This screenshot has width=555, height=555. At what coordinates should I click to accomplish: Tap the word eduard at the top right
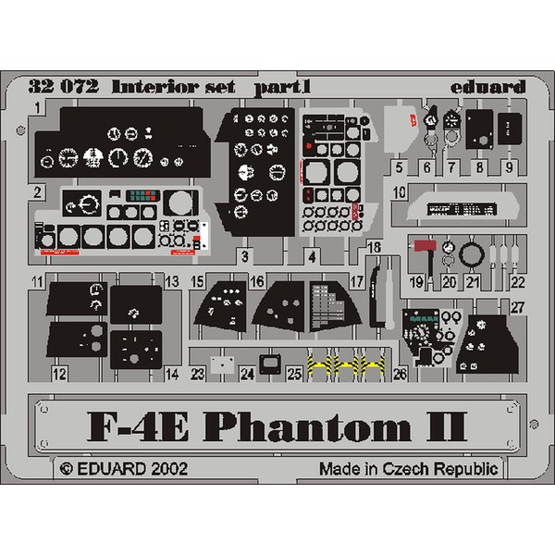(x=493, y=88)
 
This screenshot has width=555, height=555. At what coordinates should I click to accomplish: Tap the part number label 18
(x=373, y=247)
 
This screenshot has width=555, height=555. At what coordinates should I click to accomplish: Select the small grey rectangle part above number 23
(x=219, y=364)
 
